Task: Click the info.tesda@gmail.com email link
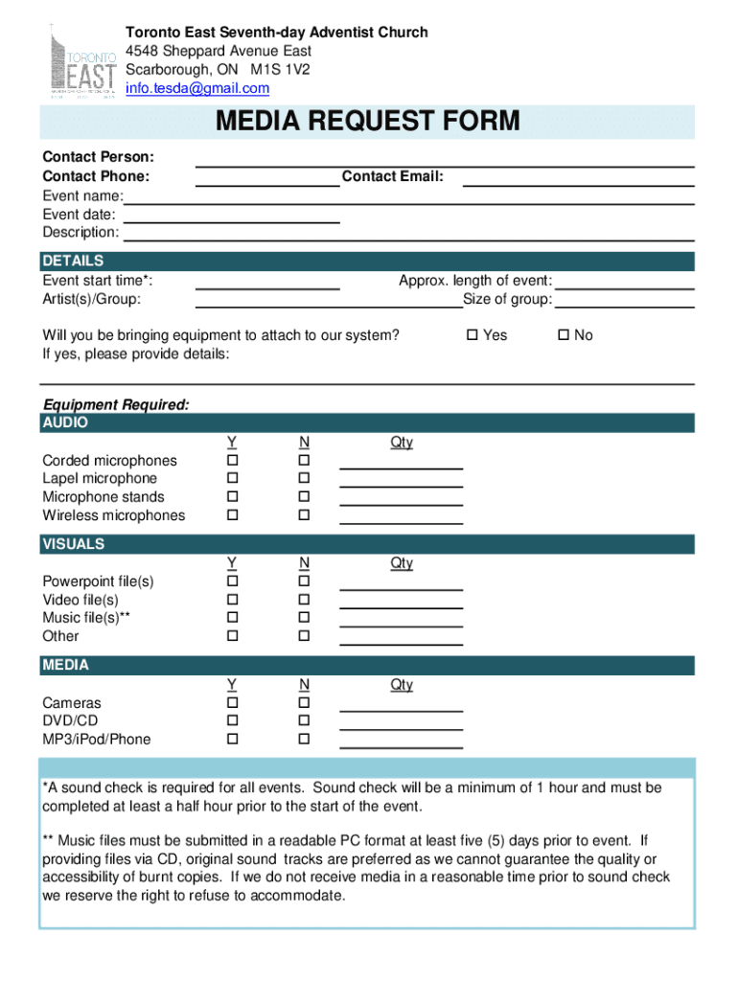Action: point(198,88)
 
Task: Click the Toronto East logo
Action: point(82,60)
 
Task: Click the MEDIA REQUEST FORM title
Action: point(368,122)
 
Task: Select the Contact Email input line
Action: point(579,177)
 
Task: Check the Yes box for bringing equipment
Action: point(472,335)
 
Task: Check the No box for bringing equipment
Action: point(564,335)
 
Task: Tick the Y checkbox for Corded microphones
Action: point(231,461)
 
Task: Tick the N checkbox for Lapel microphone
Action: point(304,479)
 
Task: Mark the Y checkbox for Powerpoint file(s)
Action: point(231,582)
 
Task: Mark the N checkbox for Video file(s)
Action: point(304,600)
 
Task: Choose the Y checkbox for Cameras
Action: point(231,703)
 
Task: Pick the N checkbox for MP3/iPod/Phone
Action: point(304,740)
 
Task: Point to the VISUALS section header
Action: point(74,544)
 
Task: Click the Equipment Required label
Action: point(116,405)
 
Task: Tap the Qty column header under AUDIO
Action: point(401,442)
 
